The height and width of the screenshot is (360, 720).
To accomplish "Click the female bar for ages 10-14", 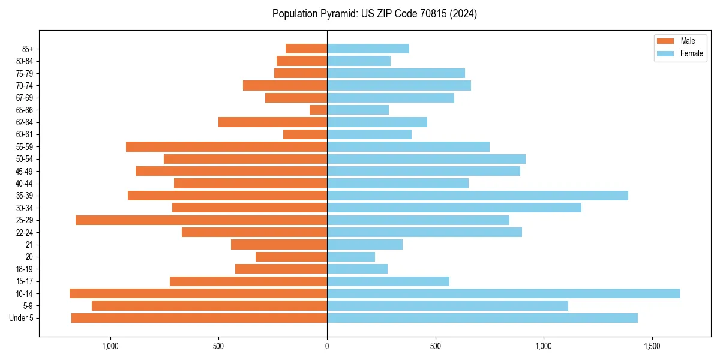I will click(503, 293).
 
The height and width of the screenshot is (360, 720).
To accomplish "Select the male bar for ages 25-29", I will click(201, 220).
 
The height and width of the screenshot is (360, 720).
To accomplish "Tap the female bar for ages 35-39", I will click(478, 196).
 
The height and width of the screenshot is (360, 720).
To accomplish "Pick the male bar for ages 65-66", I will click(318, 110).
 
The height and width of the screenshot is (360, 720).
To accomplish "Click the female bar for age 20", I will click(351, 257).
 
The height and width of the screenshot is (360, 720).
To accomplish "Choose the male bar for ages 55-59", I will click(226, 146).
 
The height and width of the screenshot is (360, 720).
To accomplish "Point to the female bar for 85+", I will click(368, 49).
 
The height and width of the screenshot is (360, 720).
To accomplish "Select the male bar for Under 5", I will click(199, 318).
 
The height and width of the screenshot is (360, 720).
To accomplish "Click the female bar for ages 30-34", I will click(454, 208).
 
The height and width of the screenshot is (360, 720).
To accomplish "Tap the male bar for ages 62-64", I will click(272, 122).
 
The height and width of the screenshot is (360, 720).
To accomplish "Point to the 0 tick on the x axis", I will click(327, 346).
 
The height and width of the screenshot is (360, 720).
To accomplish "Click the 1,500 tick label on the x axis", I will click(652, 346).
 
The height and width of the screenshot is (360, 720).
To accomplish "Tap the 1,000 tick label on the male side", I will click(110, 346).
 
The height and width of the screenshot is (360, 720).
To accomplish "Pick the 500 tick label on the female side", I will click(436, 346).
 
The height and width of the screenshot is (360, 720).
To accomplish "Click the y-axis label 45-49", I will click(25, 171).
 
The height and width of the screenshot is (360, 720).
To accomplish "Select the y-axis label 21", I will click(29, 245).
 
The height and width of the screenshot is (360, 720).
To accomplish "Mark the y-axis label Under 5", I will click(21, 318).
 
